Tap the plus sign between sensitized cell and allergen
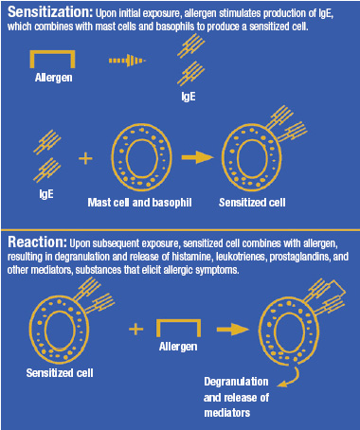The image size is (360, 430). tap(135, 329)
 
